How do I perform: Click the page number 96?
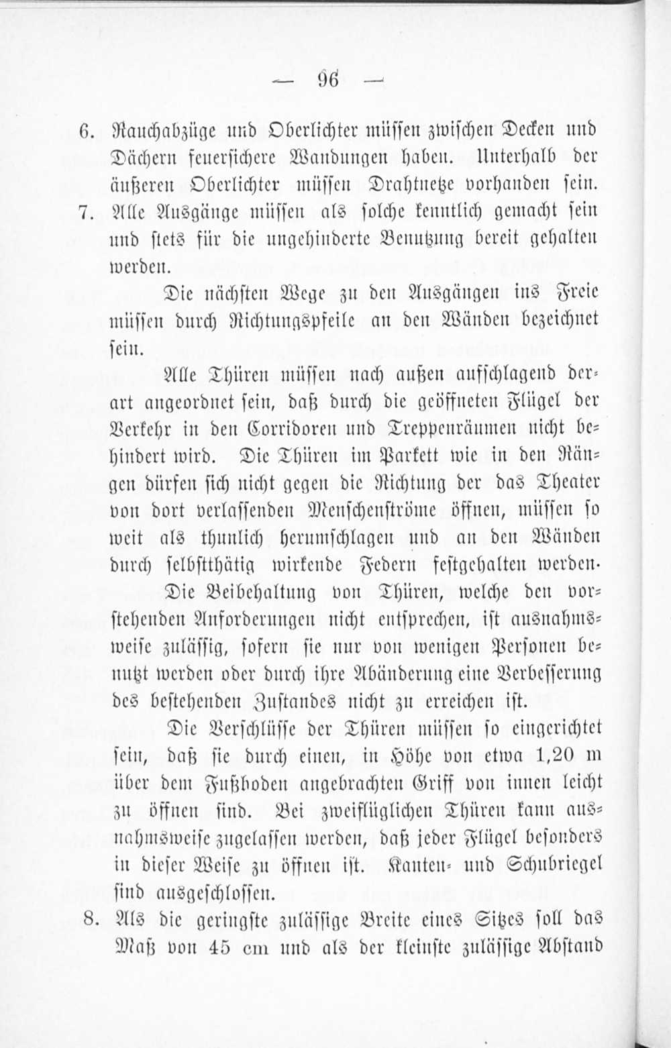coord(328,80)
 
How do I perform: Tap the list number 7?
coord(85,212)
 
